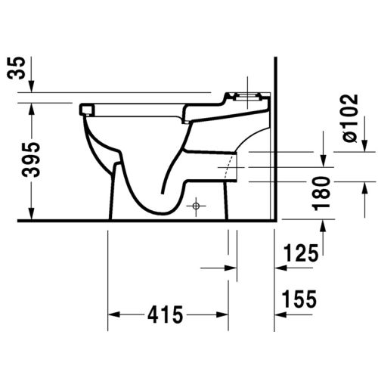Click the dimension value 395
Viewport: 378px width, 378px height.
click(28, 160)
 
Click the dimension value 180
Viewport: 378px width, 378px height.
click(323, 191)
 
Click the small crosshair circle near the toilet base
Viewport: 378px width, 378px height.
click(195, 205)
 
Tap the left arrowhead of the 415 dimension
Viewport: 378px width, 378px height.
click(115, 312)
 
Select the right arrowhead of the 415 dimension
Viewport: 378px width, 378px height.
click(222, 312)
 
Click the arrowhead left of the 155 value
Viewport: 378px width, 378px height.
click(280, 312)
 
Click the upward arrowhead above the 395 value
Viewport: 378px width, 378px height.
click(31, 108)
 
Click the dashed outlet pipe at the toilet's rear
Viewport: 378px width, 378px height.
click(231, 166)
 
